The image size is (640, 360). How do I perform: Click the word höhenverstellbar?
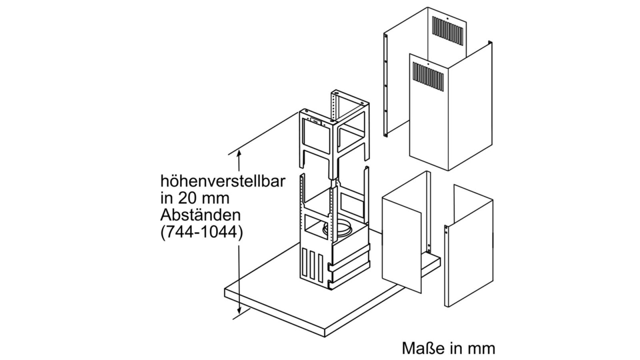pyautogui.click(x=223, y=182)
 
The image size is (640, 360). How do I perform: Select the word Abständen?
pyautogui.click(x=200, y=215)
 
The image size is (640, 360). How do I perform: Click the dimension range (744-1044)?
pyautogui.click(x=202, y=233)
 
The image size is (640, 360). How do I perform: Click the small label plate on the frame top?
pyautogui.click(x=82, y=122)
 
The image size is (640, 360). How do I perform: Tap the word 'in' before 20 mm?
pyautogui.click(x=166, y=199)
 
